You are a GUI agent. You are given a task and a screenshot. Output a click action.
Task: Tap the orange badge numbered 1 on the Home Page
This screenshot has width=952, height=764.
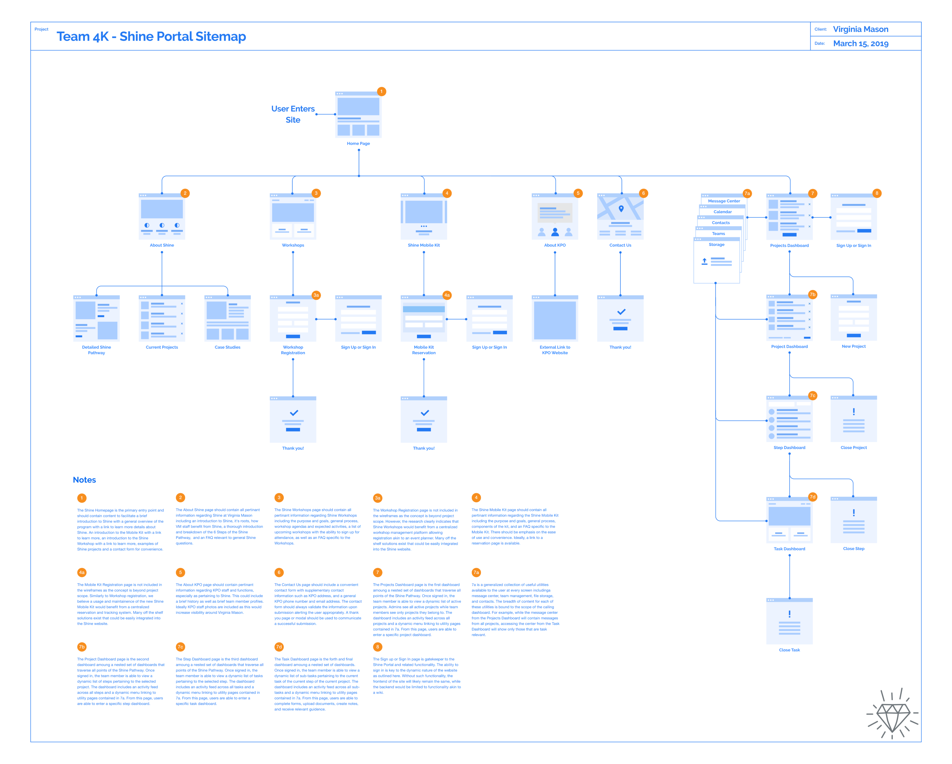381,91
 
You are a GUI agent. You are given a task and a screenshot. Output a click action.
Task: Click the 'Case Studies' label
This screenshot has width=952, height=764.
227,347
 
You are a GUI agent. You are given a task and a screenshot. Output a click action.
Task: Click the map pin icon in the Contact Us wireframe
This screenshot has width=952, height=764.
621,209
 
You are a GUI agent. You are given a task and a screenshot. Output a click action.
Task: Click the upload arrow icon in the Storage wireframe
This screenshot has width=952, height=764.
704,261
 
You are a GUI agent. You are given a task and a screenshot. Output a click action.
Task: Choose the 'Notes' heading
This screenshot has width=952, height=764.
84,480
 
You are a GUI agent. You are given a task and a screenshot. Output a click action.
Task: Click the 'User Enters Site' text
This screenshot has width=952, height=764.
293,114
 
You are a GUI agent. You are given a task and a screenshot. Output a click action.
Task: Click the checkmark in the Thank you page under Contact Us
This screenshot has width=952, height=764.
621,312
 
